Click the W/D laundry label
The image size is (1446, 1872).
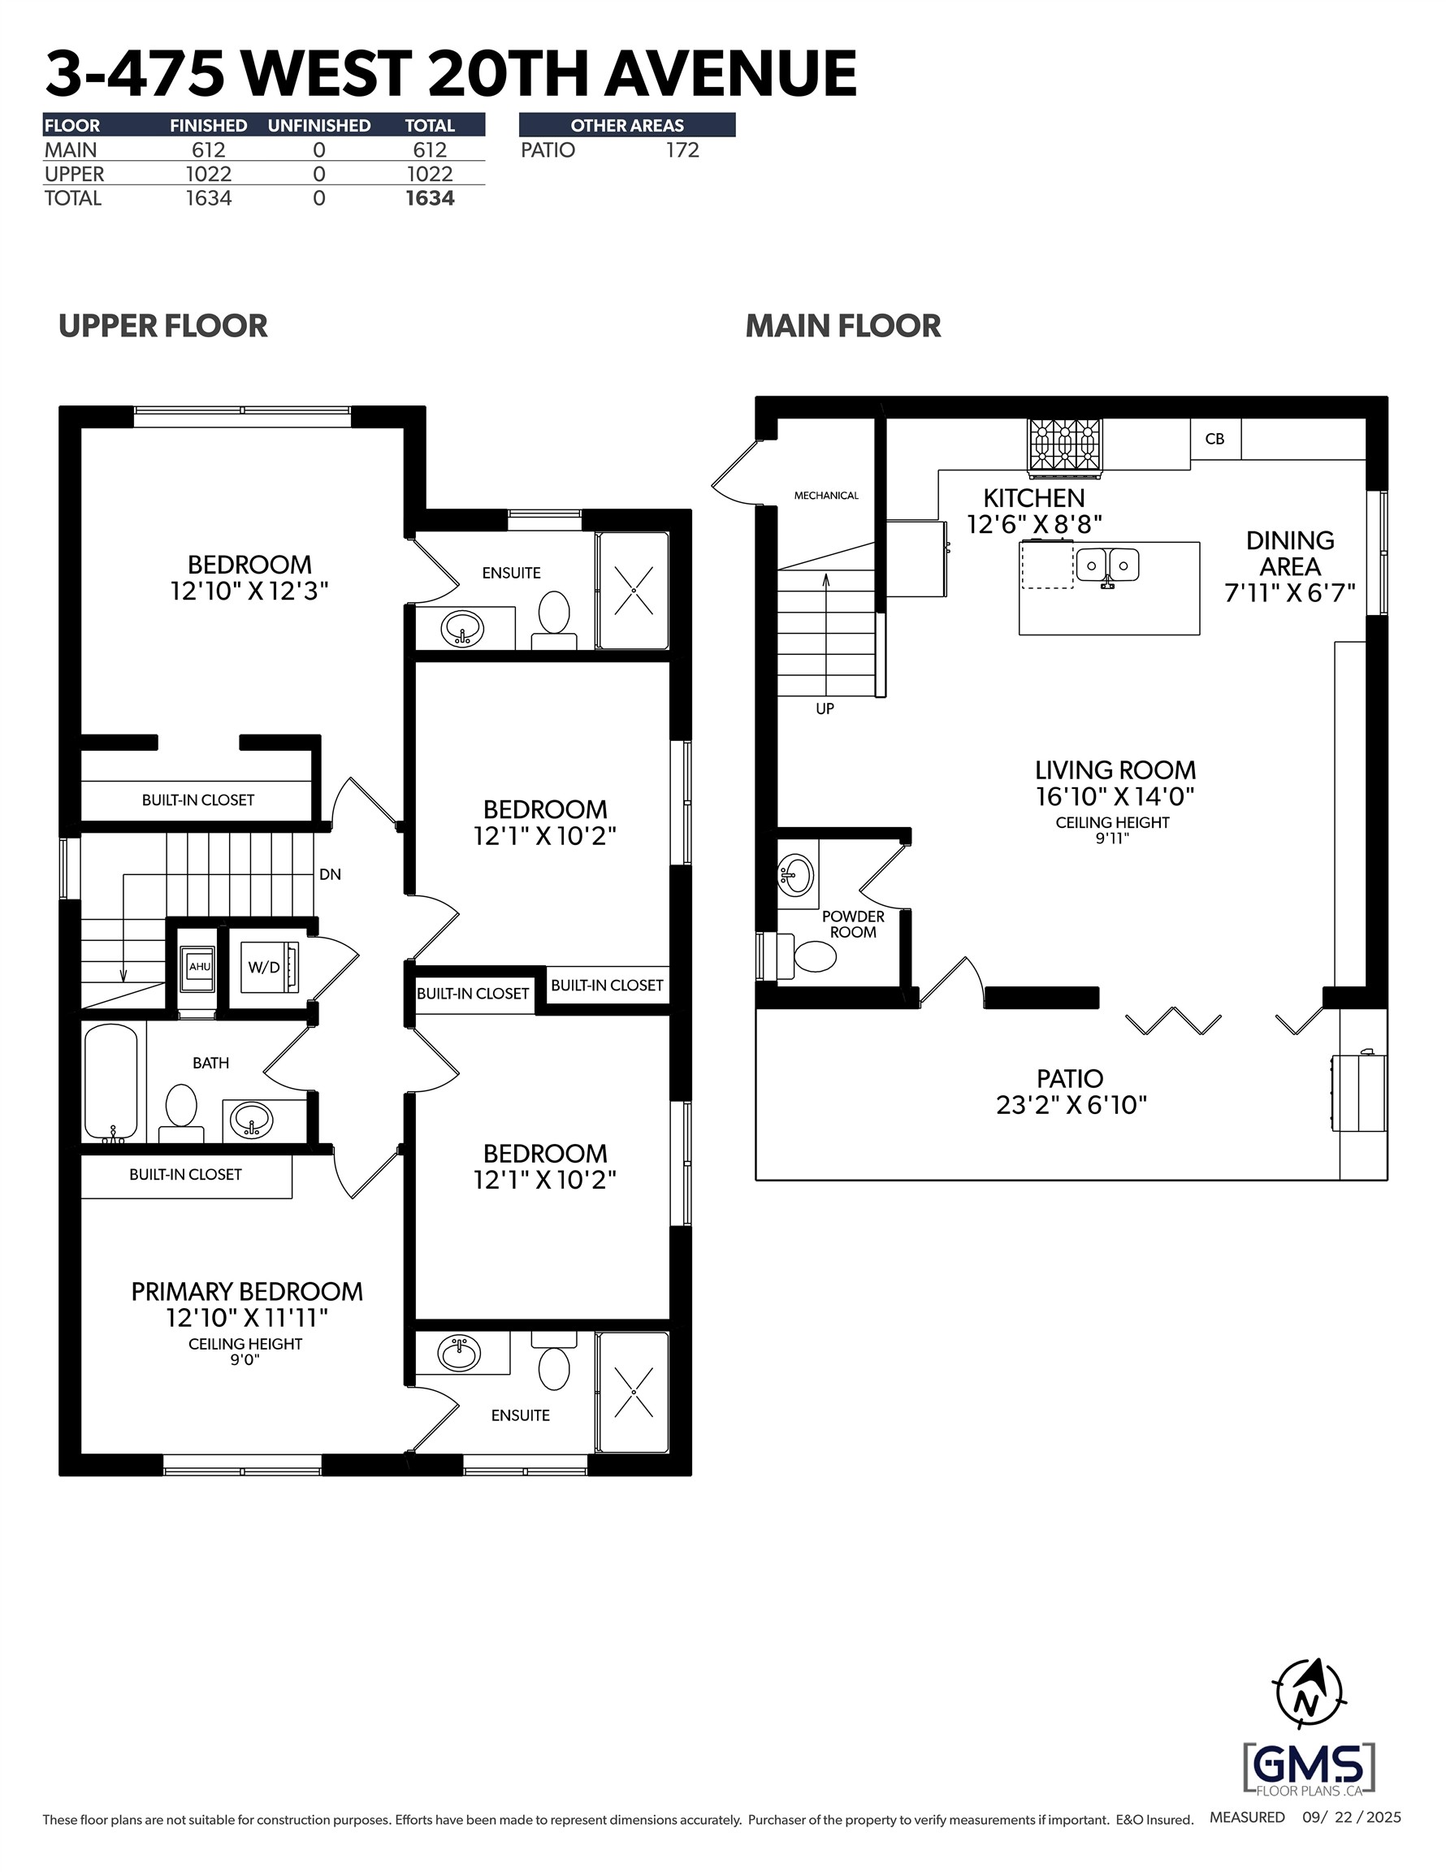(264, 968)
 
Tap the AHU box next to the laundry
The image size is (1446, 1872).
(200, 967)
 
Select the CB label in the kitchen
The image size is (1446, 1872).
(1214, 439)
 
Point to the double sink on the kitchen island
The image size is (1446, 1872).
(1107, 565)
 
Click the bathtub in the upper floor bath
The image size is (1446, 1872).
(110, 1082)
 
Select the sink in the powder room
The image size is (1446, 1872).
(796, 874)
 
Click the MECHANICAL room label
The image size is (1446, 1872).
(826, 496)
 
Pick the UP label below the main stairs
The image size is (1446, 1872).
(825, 708)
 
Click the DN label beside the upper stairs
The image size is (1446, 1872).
(330, 874)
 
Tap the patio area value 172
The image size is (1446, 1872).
(682, 150)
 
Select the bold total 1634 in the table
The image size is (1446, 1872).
(430, 198)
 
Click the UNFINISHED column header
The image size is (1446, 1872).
(319, 125)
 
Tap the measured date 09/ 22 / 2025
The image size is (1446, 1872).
(1352, 1817)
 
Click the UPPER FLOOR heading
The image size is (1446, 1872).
(162, 326)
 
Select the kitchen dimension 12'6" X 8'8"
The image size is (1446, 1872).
(1033, 525)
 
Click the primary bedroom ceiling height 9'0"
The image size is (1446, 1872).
(245, 1359)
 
